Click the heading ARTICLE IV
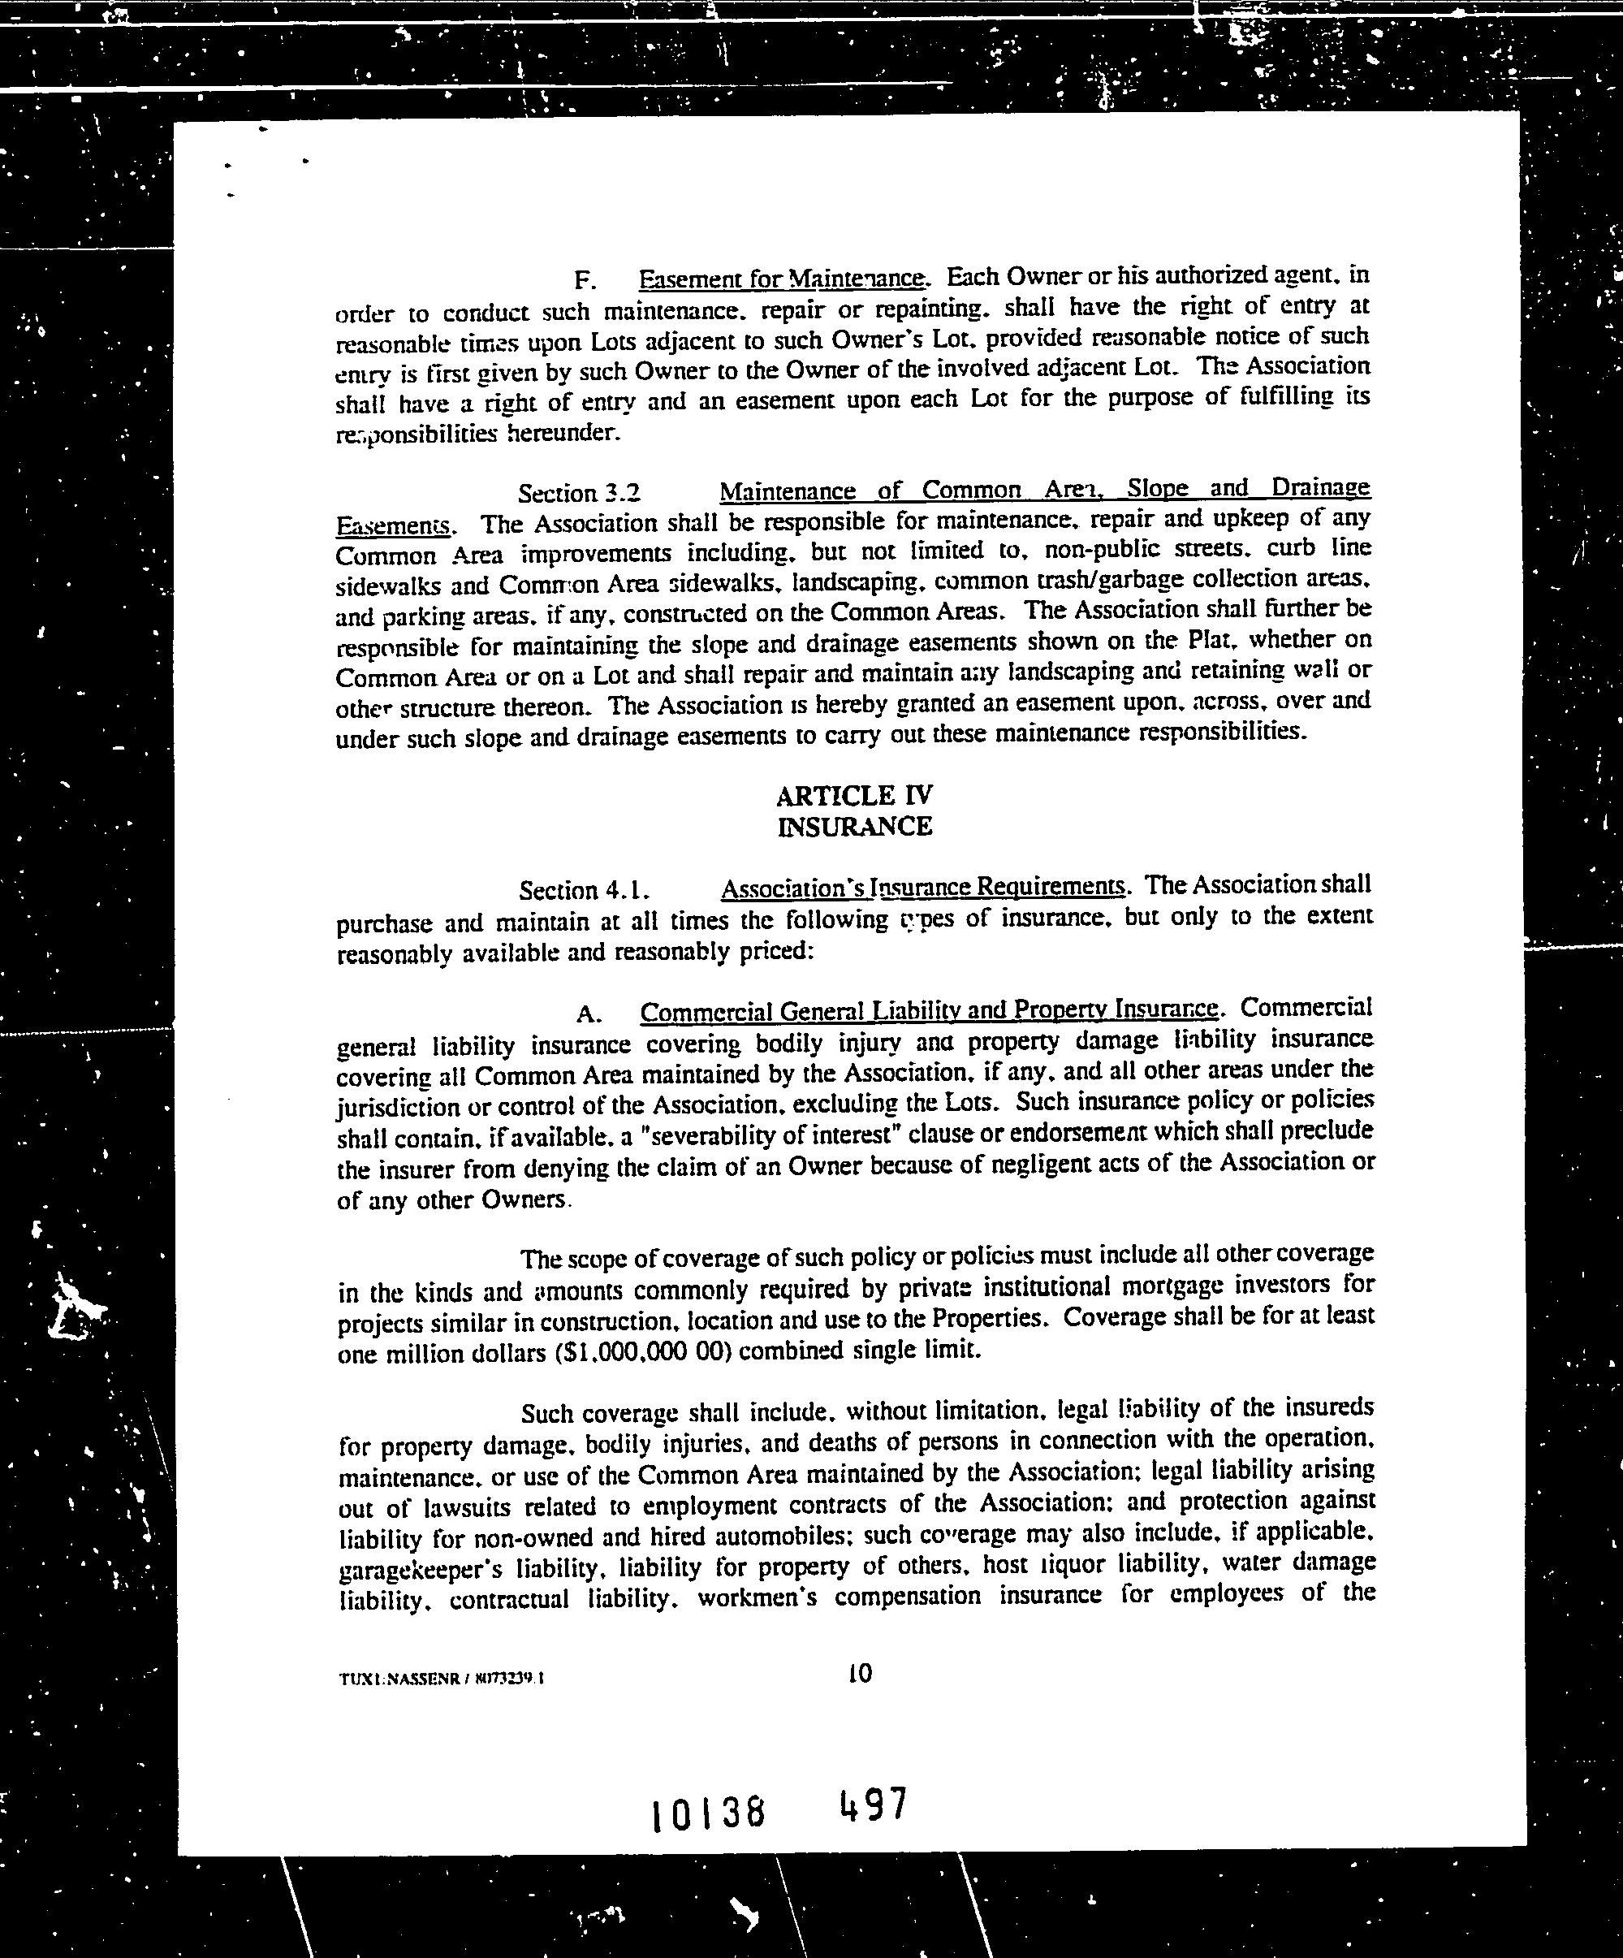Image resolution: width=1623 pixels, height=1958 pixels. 854,795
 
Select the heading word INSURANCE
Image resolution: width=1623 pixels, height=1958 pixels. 854,827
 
